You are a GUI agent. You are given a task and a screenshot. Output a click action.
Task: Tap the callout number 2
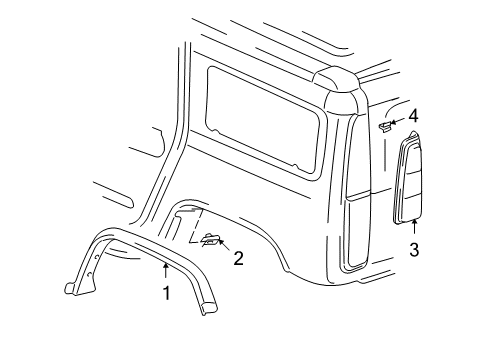pos(239,258)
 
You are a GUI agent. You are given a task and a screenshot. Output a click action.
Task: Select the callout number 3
pos(415,250)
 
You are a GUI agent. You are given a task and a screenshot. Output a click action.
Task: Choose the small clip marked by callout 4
pos(385,128)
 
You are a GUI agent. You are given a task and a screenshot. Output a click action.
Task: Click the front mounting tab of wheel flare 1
pos(76,288)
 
